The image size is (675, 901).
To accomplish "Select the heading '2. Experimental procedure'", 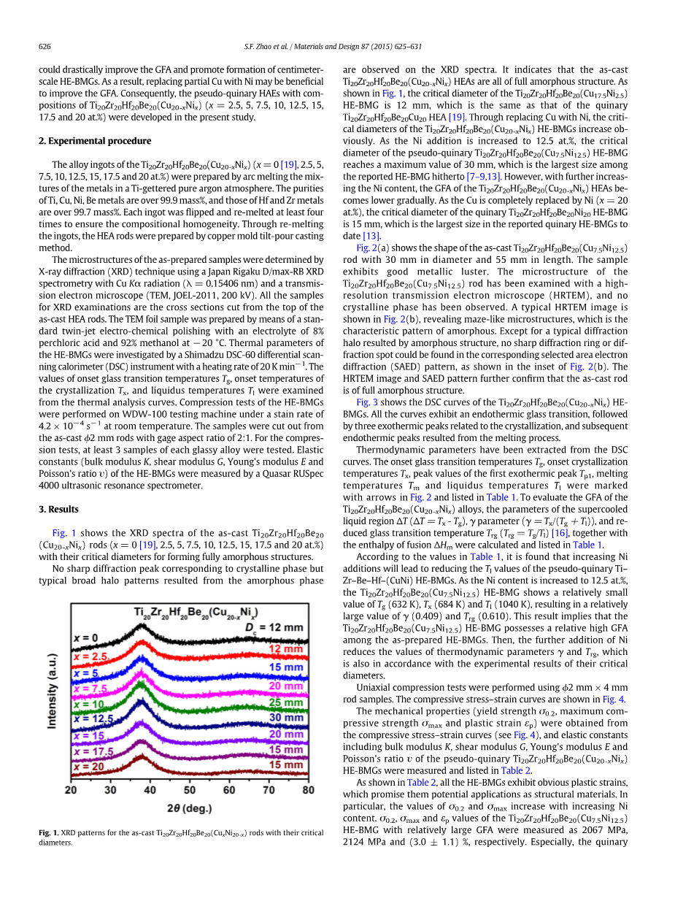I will tap(95, 141).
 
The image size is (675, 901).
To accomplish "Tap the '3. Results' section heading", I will tap(58, 509).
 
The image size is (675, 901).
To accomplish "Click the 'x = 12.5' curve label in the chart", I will tap(93, 718).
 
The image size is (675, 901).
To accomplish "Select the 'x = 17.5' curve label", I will tap(93, 751).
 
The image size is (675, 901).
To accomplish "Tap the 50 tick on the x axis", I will tap(190, 789).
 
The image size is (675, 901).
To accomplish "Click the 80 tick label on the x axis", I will tap(308, 789).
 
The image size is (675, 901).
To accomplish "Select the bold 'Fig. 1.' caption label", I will tap(48, 832).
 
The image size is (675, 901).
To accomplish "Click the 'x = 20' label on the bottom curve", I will tap(88, 766).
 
